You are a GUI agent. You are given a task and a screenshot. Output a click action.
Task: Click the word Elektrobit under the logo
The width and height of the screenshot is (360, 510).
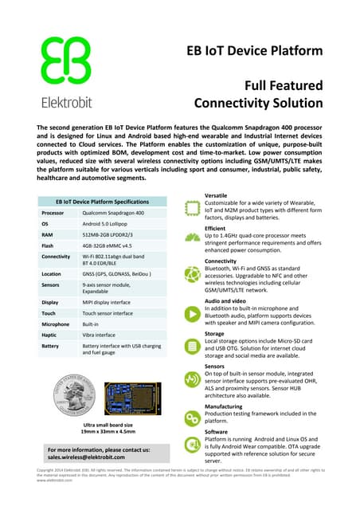(65, 102)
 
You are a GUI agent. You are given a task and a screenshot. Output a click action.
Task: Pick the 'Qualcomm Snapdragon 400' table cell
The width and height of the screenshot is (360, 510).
(113, 214)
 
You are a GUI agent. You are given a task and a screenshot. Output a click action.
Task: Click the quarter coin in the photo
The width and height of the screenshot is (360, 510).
(72, 397)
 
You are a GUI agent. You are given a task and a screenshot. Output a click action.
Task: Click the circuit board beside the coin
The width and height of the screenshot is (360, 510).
(128, 397)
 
